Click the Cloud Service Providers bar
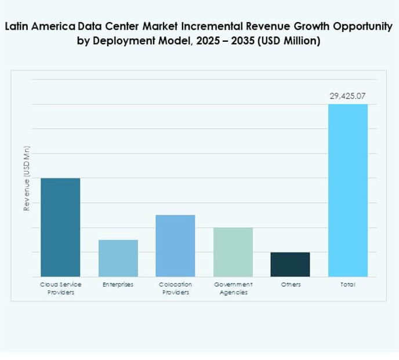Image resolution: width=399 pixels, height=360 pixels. [x=60, y=227]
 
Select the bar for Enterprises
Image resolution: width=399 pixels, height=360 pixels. [x=118, y=258]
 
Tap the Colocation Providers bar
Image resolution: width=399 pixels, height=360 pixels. [x=175, y=246]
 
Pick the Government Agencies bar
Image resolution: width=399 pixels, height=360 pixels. [x=233, y=252]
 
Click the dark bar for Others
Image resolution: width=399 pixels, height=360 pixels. [x=290, y=264]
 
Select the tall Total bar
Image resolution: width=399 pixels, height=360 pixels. [x=348, y=190]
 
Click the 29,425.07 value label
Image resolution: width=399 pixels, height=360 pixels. [x=348, y=96]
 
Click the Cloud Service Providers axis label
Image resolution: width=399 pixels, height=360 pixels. [x=60, y=288]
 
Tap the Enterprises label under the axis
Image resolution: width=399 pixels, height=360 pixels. [x=118, y=285]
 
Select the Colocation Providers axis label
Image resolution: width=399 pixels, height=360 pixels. [x=175, y=288]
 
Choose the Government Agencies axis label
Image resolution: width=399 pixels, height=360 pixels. [x=233, y=288]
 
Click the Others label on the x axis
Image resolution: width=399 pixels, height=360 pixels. [x=290, y=285]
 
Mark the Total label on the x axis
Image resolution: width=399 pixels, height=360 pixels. [x=348, y=285]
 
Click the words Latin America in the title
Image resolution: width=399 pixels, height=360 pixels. [x=39, y=27]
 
